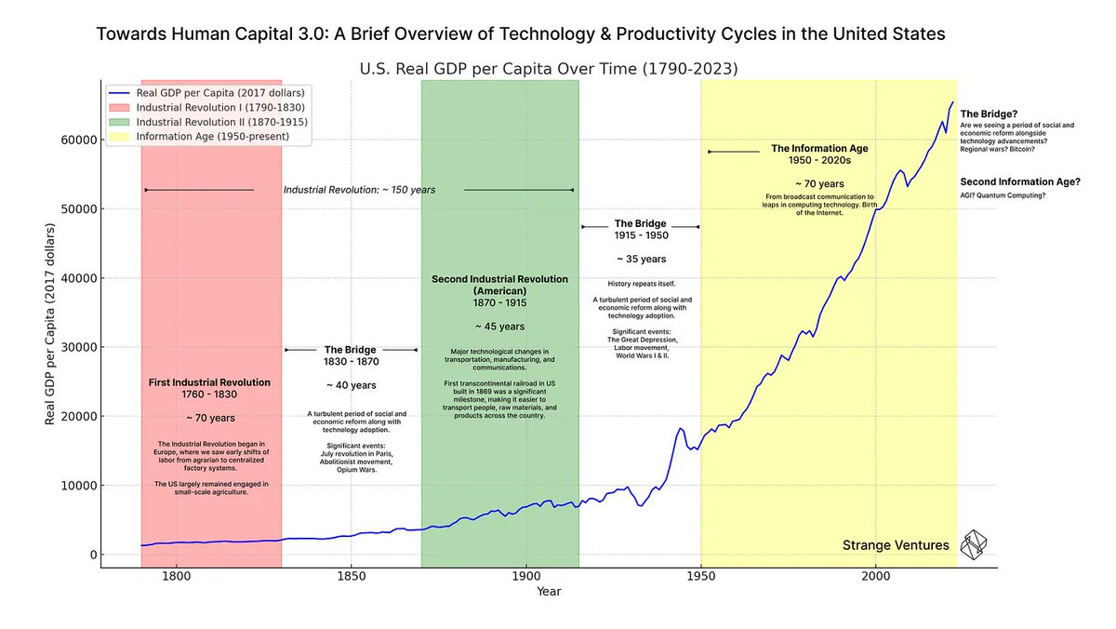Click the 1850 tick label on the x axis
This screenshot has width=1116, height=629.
351,577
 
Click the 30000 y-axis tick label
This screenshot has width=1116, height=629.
77,347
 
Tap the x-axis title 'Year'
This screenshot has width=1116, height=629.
549,592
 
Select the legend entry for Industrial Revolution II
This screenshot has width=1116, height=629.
221,122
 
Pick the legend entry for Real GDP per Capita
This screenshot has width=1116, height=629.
219,92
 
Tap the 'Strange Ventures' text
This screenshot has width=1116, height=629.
896,545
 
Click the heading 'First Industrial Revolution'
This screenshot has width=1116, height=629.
209,382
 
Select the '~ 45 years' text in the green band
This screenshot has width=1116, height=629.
499,327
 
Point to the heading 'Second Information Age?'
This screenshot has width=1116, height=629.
1020,181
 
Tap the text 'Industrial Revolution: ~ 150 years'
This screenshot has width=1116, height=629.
359,190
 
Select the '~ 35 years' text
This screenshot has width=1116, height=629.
641,259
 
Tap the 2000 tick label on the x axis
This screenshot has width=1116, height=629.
876,577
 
